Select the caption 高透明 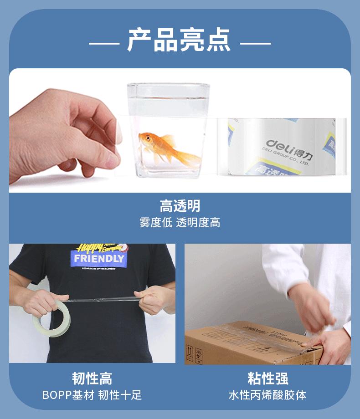point(180,206)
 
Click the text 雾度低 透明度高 point(180,223)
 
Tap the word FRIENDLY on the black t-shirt point(99,259)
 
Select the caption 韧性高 point(92,378)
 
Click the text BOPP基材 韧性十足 point(92,395)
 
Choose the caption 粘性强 point(267,378)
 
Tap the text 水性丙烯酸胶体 point(267,395)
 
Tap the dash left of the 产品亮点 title point(104,44)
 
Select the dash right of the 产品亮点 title point(255,44)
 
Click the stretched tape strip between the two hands point(103,299)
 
